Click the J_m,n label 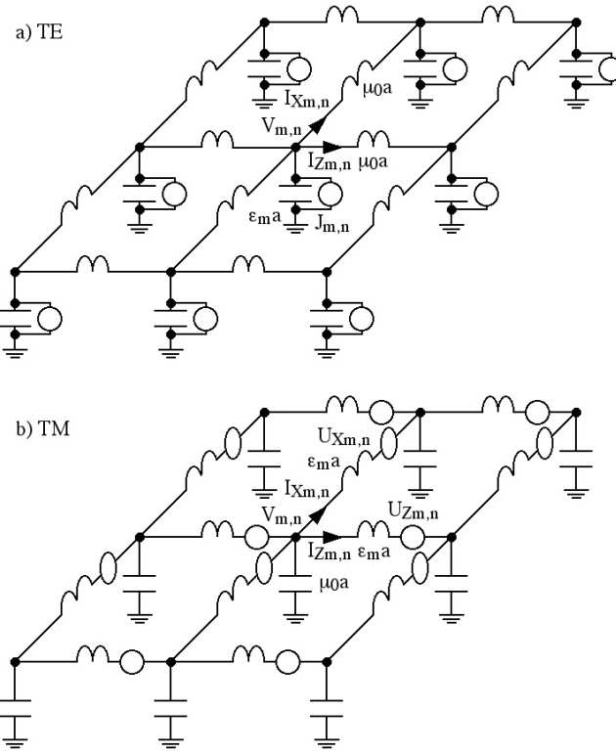333,225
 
